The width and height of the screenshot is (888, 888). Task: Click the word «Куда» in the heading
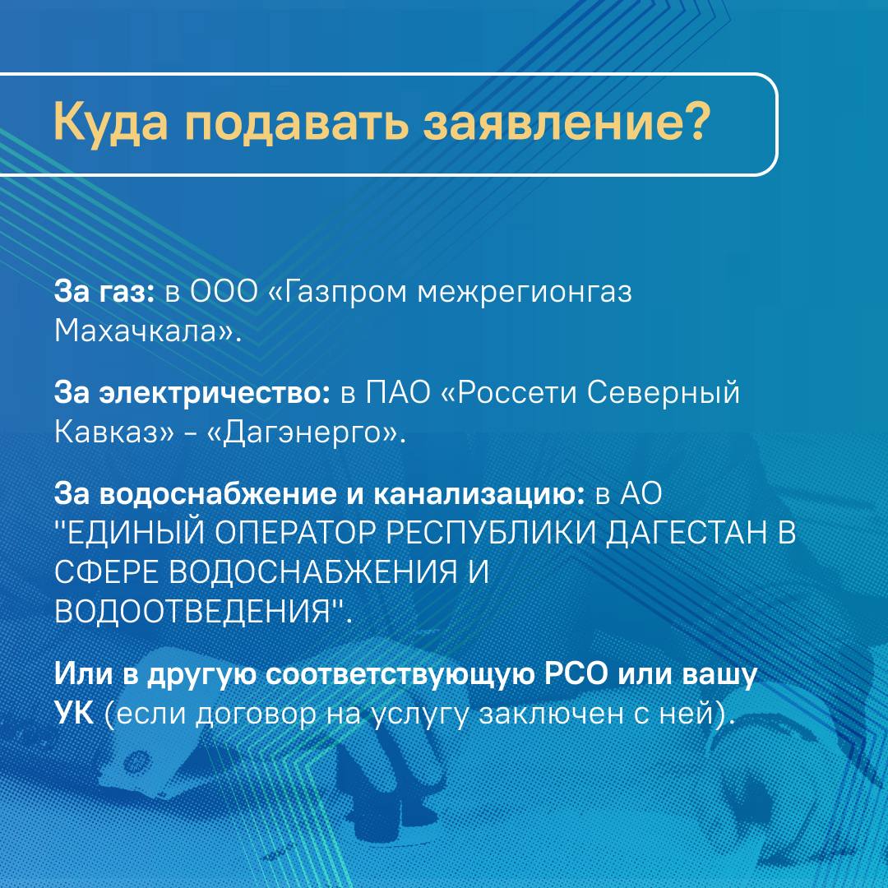tap(111, 123)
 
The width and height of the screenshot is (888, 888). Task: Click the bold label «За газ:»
tap(104, 292)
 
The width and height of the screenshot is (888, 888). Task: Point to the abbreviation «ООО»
tap(223, 292)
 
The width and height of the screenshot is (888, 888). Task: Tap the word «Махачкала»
tap(136, 331)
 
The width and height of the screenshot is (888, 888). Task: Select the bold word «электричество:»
tap(215, 393)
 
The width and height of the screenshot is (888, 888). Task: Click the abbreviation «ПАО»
tap(398, 393)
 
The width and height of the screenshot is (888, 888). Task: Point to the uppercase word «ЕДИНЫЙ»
tap(136, 534)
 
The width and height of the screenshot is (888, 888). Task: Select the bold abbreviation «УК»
tap(74, 713)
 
